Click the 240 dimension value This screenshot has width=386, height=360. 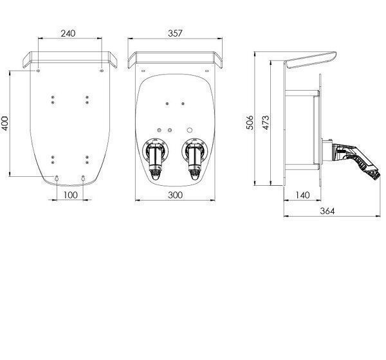pos(68,33)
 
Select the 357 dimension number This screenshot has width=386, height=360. pos(175,33)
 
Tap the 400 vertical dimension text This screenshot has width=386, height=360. pos(5,123)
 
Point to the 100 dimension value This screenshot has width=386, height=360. pos(70,195)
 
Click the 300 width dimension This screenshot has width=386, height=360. pos(175,195)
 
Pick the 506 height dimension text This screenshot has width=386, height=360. pos(250,122)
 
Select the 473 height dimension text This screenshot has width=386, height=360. pos(266,122)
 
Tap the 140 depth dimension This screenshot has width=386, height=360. pos(302,195)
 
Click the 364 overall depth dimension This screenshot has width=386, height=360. pos(327,211)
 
